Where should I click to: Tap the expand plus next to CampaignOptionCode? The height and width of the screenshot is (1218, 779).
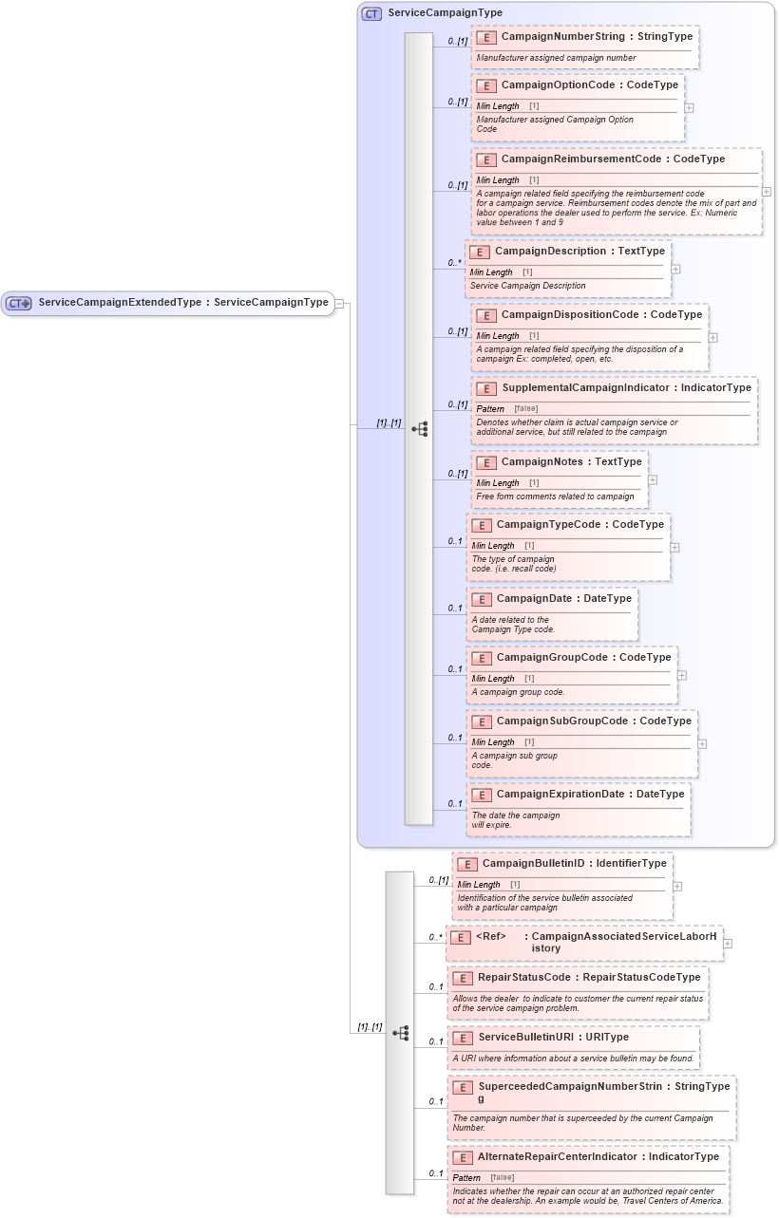(x=689, y=107)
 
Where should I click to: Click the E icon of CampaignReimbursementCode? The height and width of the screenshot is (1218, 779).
(x=485, y=159)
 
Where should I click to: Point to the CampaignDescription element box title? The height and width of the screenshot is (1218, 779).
(x=550, y=252)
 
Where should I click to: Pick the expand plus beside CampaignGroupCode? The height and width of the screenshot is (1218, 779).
(x=682, y=675)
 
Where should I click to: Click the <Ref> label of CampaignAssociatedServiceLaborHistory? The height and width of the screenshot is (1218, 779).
(x=490, y=937)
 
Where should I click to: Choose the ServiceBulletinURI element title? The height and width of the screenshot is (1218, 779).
(x=526, y=1038)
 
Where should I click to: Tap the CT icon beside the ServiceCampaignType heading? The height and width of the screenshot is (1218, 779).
(x=371, y=14)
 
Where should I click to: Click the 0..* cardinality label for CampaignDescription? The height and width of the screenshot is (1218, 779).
(x=454, y=263)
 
